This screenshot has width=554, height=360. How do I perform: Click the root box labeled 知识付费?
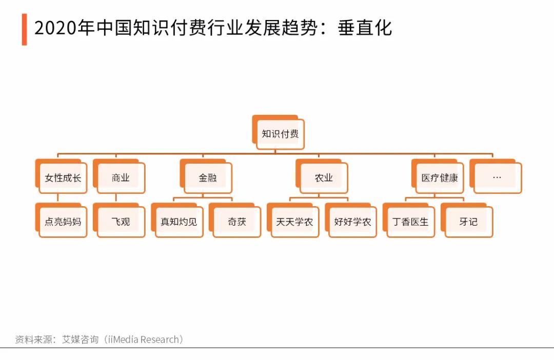[x=279, y=132]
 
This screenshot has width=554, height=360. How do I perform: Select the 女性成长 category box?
[x=61, y=176]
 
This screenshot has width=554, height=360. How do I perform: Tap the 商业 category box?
[x=119, y=176]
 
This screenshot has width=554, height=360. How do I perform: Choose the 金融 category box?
[x=206, y=176]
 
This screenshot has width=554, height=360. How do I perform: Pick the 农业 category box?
[x=322, y=176]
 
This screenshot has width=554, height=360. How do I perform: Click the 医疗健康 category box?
[x=438, y=176]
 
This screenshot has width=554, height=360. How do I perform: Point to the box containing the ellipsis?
[x=496, y=176]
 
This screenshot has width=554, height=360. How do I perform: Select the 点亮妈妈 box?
[x=61, y=220]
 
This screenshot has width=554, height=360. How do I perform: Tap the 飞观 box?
[x=119, y=220]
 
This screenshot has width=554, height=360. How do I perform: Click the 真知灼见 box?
[x=177, y=220]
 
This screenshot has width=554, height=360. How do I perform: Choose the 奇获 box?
[x=235, y=220]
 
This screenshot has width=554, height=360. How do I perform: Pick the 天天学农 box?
[x=293, y=220]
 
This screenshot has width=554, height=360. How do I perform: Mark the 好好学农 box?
[x=351, y=220]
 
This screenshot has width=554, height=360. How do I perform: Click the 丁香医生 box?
[x=409, y=220]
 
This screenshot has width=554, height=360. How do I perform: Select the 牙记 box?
[x=467, y=220]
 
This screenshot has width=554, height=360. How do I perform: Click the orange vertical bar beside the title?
[x=25, y=30]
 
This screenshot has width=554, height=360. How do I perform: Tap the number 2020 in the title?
[x=55, y=28]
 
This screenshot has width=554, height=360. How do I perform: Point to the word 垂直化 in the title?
[x=365, y=28]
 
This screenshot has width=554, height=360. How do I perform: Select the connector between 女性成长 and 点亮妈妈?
[x=57, y=198]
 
